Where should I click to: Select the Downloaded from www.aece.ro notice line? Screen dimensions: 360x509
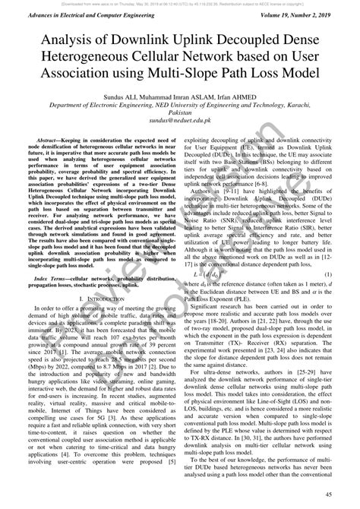tap(180, 4)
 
